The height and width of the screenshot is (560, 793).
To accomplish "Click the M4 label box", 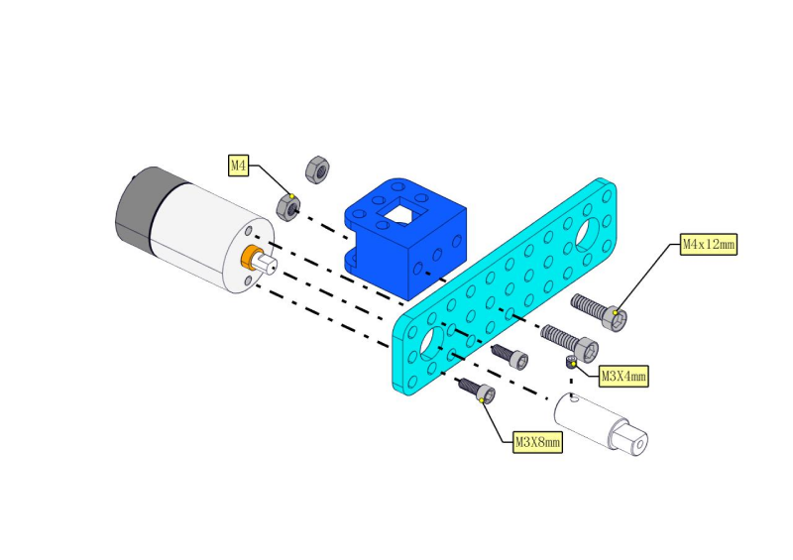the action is (x=238, y=166).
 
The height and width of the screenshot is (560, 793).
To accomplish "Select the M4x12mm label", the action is (x=708, y=245).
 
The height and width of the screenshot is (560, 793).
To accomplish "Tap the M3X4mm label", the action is (x=623, y=377).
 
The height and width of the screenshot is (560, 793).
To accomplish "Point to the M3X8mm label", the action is (x=537, y=442).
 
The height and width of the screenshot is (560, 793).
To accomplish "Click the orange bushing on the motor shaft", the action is (x=249, y=257).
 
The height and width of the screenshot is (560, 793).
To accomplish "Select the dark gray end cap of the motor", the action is (x=137, y=205).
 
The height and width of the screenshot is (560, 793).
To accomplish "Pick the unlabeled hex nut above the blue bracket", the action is (x=317, y=169).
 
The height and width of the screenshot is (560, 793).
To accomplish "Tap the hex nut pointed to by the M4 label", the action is (x=288, y=207).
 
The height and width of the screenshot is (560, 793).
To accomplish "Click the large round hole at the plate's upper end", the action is (x=588, y=235).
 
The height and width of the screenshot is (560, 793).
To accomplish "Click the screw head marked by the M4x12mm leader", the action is (x=616, y=318).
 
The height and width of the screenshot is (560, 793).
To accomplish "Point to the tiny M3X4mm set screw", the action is (x=571, y=362).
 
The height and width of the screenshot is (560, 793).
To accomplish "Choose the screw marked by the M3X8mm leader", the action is (x=477, y=391).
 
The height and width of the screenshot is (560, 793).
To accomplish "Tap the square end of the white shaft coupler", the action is (x=630, y=438).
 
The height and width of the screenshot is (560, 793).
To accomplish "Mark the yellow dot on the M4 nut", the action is (x=291, y=196).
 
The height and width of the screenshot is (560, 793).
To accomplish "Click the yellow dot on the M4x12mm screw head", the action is (x=615, y=312).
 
